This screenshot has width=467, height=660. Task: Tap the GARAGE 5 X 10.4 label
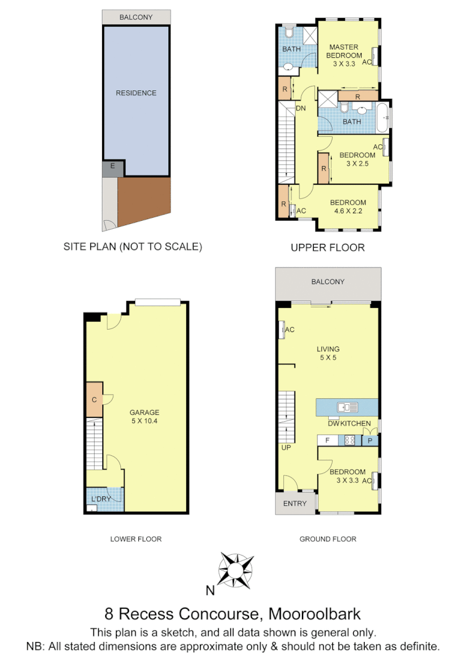point(144,417)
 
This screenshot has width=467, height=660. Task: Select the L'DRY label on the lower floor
point(101,500)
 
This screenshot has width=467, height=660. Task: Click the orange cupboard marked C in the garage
point(94,399)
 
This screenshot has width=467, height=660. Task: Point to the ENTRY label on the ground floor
point(295,503)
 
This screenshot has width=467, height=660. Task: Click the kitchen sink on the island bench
point(347,407)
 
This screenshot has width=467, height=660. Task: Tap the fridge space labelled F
point(328,440)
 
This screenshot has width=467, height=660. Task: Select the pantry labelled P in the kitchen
point(370,440)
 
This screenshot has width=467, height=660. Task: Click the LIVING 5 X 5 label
point(328,353)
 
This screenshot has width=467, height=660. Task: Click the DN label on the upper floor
point(301,108)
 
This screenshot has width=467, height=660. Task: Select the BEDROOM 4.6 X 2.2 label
point(347,207)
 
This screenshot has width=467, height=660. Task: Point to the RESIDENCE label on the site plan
point(136,93)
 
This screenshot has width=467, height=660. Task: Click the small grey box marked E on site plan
point(112,166)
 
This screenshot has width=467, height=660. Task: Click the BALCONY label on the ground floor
point(328,282)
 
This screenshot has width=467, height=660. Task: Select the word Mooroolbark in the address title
point(314,614)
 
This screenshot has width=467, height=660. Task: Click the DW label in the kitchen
point(333,424)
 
